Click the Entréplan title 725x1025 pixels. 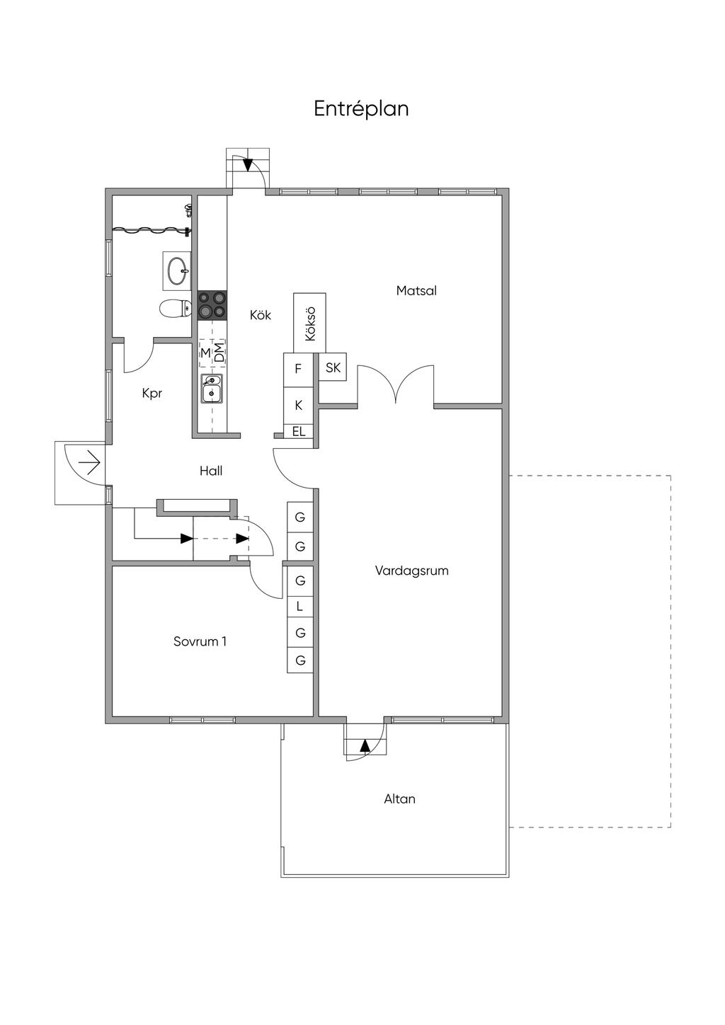(x=361, y=109)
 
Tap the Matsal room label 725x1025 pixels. (x=416, y=290)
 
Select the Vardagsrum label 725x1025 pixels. (x=411, y=571)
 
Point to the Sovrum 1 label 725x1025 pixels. (x=200, y=641)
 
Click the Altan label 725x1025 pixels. (x=399, y=798)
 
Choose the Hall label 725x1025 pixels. (x=211, y=470)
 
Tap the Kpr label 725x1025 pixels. (x=152, y=393)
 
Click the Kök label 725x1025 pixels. (x=260, y=315)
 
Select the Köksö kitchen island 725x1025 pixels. (x=309, y=323)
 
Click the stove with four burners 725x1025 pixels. (x=212, y=304)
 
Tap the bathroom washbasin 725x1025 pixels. (x=177, y=270)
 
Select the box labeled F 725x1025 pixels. (x=298, y=368)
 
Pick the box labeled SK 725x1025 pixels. (x=333, y=367)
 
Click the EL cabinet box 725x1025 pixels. (x=299, y=431)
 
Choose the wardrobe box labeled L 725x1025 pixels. (x=300, y=606)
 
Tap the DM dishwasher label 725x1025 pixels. (x=219, y=352)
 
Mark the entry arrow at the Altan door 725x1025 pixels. (x=365, y=745)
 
